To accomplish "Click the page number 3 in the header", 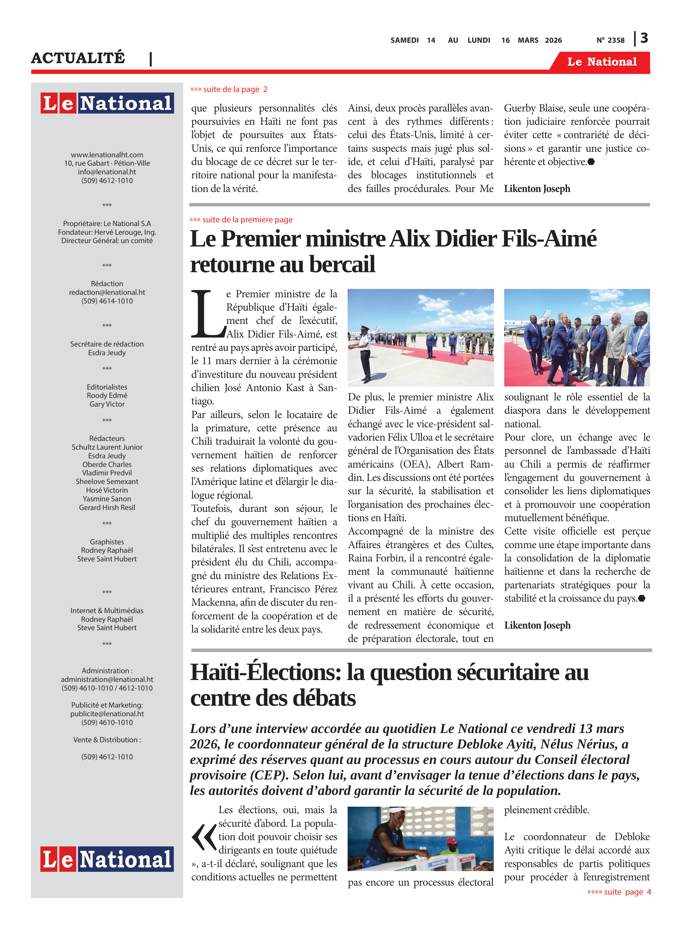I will [x=644, y=38].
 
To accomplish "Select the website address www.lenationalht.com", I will [x=107, y=155].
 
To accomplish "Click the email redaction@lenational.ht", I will [x=107, y=292].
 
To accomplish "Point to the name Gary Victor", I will [x=107, y=404].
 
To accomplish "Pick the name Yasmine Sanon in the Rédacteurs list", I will [x=107, y=499].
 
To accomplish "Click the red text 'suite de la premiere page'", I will [x=241, y=219].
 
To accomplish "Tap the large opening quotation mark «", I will [x=204, y=837].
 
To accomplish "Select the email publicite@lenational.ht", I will [x=107, y=714].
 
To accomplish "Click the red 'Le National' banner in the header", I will [x=602, y=62].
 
